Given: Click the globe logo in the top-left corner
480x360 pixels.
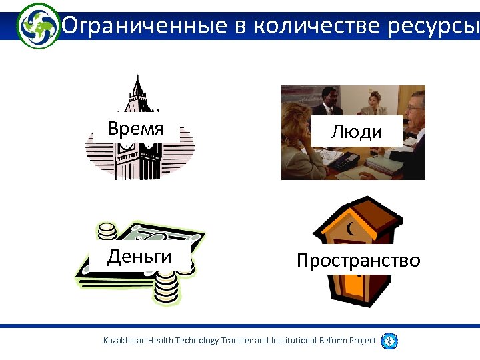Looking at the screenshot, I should [x=38, y=25].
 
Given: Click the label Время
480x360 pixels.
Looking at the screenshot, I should [x=136, y=129].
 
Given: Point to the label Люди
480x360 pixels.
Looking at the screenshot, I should [x=357, y=132].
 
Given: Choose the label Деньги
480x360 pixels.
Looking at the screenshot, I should [x=139, y=256].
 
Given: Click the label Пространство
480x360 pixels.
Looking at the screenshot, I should [x=358, y=260].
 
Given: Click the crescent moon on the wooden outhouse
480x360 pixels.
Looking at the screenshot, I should [x=351, y=229].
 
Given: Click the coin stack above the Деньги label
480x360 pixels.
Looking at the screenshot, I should [x=107, y=233].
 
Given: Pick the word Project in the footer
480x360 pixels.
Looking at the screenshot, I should [x=363, y=341].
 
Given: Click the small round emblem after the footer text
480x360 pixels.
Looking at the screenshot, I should [x=389, y=341].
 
